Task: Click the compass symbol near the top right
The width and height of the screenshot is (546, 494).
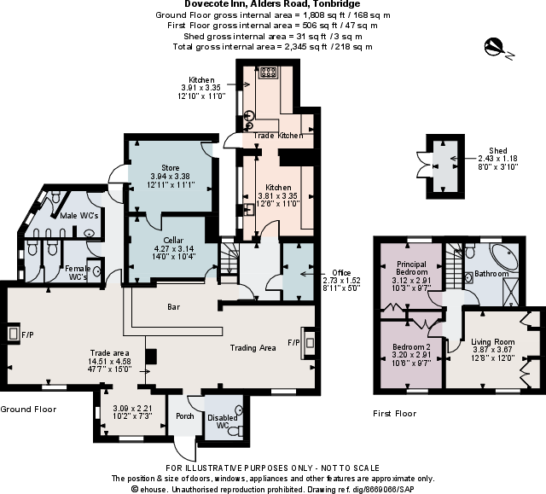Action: [x=496, y=48]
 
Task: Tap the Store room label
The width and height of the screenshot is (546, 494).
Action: [x=171, y=167]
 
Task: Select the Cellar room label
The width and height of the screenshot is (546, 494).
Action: [x=175, y=241]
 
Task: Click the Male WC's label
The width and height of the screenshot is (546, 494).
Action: [x=79, y=216]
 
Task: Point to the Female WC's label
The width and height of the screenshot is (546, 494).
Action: [x=78, y=273]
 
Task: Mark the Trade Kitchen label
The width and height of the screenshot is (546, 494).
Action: [x=277, y=136]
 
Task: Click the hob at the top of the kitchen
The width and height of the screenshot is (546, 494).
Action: [x=267, y=73]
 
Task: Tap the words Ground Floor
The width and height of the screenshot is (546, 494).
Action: [x=28, y=410]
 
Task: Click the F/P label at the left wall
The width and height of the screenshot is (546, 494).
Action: [x=26, y=335]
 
